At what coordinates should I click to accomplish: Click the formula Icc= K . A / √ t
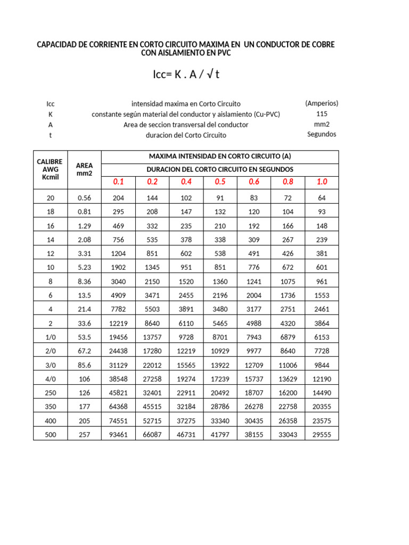pyautogui.click(x=186, y=75)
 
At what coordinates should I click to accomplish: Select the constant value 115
pyautogui.click(x=322, y=114)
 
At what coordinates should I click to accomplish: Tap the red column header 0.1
pyautogui.click(x=118, y=182)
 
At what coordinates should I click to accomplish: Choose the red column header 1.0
pyautogui.click(x=322, y=182)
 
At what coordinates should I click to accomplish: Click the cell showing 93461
pyautogui.click(x=118, y=435)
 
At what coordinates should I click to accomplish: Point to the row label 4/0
pyautogui.click(x=51, y=378)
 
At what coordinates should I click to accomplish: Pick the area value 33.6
pyautogui.click(x=85, y=323)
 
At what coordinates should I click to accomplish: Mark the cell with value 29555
pyautogui.click(x=322, y=435)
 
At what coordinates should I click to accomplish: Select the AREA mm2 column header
pyautogui.click(x=85, y=169)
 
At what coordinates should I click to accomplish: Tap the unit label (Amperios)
pyautogui.click(x=322, y=103)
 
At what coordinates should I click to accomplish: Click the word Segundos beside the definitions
pyautogui.click(x=322, y=134)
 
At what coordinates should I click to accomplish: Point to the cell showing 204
pyautogui.click(x=118, y=198)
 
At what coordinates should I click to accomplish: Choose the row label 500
pyautogui.click(x=51, y=435)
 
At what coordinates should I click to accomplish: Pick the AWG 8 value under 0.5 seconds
pyautogui.click(x=220, y=282)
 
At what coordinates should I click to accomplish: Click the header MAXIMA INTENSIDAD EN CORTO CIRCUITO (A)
pyautogui.click(x=219, y=156)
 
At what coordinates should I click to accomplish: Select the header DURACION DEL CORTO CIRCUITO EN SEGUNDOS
pyautogui.click(x=219, y=169)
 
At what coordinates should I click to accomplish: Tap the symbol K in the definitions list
pyautogui.click(x=51, y=114)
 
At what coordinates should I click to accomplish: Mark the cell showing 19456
pyautogui.click(x=118, y=337)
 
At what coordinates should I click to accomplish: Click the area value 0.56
pyautogui.click(x=85, y=198)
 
